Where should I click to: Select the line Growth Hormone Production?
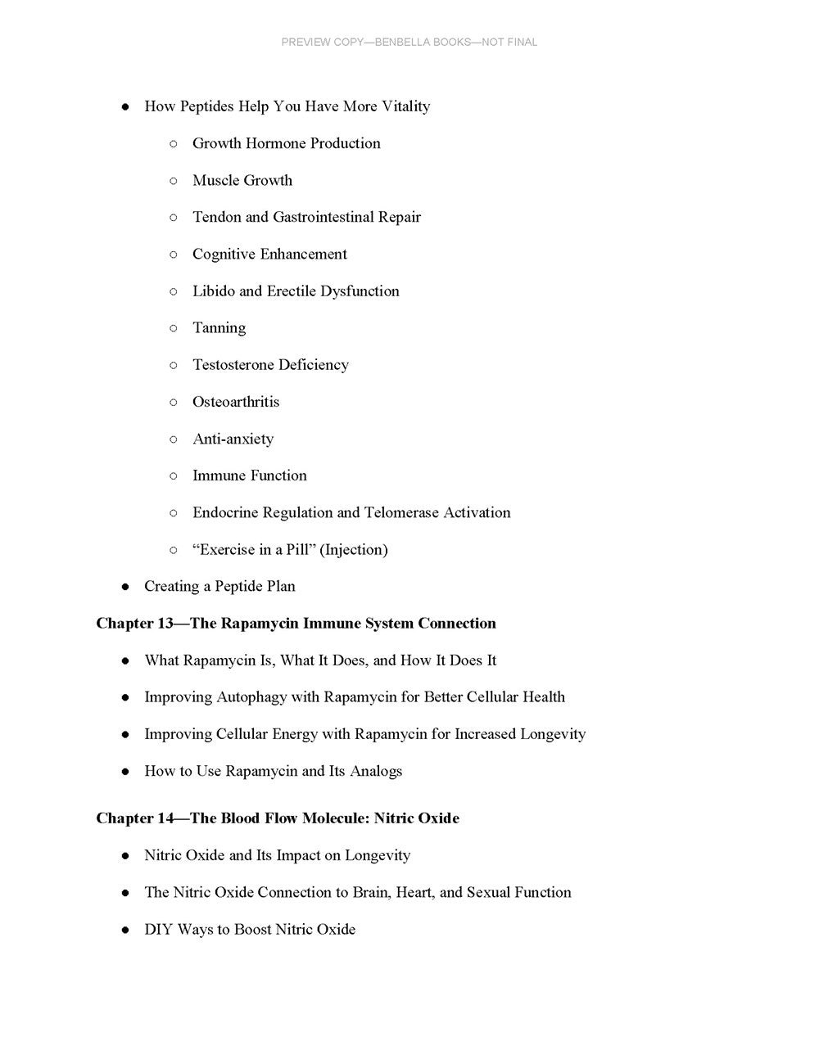tap(286, 143)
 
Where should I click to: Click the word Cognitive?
tap(224, 255)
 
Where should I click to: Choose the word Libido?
tap(213, 291)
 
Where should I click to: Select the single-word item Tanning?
tap(219, 328)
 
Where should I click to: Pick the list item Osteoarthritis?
tap(235, 402)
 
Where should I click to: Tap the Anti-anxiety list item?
tap(233, 439)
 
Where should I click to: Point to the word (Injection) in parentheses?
tap(355, 550)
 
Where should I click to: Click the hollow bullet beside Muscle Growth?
tap(174, 181)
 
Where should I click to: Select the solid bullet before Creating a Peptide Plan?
tap(125, 587)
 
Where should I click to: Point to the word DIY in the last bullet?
tap(158, 930)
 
